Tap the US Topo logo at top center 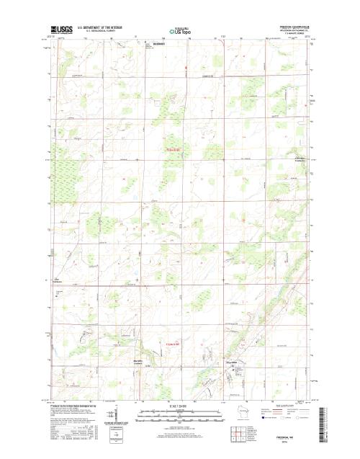179,31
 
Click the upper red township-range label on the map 168,150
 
